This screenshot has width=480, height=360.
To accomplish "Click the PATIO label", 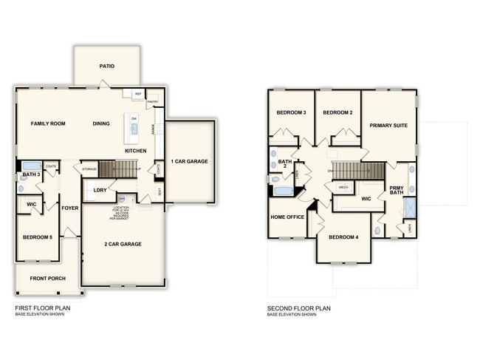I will (107, 66).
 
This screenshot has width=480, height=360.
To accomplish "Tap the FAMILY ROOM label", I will (48, 123).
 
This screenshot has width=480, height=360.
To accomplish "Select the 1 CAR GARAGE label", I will (189, 161).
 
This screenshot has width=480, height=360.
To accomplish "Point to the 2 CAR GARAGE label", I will (123, 244).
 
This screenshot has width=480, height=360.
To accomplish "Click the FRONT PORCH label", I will (48, 279).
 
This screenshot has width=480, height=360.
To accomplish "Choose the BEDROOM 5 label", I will (37, 237).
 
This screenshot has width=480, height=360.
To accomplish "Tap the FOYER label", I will (70, 208).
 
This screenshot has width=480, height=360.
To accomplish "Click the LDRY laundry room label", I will (100, 191).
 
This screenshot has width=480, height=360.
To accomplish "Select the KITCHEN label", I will (135, 151).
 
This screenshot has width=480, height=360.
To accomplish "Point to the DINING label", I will (102, 123).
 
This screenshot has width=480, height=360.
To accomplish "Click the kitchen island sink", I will (134, 129).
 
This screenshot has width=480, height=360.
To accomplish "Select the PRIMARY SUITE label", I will (388, 126).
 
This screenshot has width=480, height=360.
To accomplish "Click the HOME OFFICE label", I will (287, 217).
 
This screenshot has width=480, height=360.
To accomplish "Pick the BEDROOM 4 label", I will (343, 237).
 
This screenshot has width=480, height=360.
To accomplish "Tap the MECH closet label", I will (343, 188).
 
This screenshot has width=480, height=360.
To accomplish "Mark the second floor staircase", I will (357, 171).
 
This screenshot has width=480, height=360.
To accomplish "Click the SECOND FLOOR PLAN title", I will (299, 308).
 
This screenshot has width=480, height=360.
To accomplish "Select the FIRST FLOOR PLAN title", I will (44, 308).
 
